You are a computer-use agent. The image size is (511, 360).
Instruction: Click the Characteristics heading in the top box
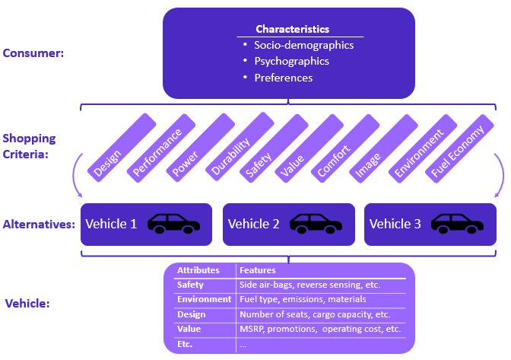(293, 29)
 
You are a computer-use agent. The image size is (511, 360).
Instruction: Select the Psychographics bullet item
(292, 61)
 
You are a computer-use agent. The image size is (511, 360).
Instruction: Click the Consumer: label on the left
(33, 53)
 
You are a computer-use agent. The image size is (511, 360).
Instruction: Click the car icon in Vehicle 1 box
(173, 223)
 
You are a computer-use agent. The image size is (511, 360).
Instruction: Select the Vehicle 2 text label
(254, 224)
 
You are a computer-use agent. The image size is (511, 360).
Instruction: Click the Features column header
(258, 270)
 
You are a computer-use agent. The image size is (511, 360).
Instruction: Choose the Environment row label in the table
(204, 299)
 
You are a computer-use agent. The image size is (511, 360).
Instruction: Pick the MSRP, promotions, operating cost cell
(319, 329)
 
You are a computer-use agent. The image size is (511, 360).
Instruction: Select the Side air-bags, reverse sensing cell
(309, 285)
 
